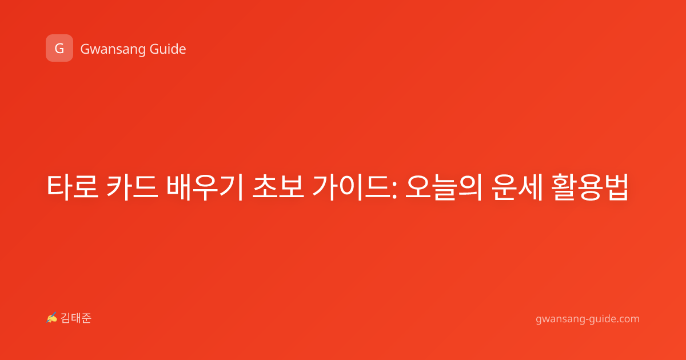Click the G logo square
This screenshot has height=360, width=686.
[59, 48]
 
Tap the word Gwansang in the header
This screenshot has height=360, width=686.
[113, 50]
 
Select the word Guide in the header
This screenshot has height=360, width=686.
[167, 49]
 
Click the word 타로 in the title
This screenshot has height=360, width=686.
[73, 187]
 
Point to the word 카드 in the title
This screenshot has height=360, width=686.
[132, 187]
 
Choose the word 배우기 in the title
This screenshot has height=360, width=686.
[205, 187]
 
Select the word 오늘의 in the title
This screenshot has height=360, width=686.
[444, 187]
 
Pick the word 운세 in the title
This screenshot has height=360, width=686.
[517, 187]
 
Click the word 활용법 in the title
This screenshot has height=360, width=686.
[590, 187]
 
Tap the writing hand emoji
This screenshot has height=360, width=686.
[52, 318]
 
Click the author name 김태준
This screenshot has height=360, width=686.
[76, 318]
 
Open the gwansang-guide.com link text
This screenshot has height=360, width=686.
[588, 319]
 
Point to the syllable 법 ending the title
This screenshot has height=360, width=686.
[616, 187]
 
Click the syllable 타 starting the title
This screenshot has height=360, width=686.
[59, 187]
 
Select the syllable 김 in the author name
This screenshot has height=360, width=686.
[66, 318]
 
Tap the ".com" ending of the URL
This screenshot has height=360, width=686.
[627, 319]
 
